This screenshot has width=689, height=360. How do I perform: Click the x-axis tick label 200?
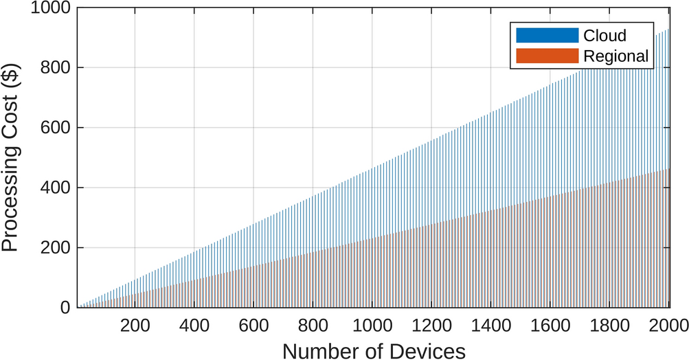coord(135,324)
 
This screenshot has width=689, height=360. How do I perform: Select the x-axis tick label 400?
coord(194,324)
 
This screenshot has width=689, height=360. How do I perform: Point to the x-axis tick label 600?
coord(253,324)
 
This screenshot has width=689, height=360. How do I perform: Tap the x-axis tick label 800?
coord(313,324)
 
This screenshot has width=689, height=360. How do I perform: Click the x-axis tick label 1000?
coord(372,324)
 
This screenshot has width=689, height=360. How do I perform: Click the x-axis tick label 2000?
coord(668,324)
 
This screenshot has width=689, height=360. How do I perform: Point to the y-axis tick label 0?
coord(65,308)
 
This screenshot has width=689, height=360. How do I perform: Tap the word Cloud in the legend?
coord(605,35)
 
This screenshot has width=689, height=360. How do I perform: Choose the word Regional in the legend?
coord(615,56)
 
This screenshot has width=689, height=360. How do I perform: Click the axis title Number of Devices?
coord(374,350)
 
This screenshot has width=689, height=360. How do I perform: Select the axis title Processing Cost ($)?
coord(12,158)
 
